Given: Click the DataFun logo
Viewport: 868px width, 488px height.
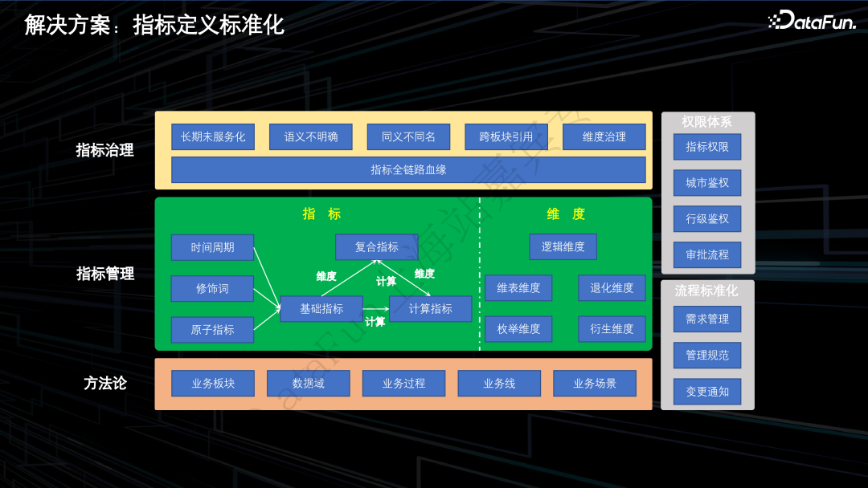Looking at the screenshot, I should coord(813,21).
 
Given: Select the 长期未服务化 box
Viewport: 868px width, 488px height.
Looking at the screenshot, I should coord(213,136).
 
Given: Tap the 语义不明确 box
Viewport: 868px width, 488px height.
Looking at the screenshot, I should coord(311,136).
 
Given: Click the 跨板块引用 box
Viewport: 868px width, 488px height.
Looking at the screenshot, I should coord(506,136).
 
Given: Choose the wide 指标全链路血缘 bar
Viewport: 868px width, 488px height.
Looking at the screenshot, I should coord(408,169).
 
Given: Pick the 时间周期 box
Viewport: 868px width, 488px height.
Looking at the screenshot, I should coord(212,247).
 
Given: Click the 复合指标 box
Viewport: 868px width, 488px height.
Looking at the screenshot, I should coord(376,247).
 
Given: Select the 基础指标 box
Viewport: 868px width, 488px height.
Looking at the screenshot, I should coord(321,308).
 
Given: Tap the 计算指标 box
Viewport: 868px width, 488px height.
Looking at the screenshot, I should coord(430,308).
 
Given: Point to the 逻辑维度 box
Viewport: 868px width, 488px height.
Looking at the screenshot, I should coord(563,246).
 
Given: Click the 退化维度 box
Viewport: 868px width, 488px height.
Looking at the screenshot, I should coord(612,287).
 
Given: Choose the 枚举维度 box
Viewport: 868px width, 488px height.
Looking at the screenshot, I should coord(518,328).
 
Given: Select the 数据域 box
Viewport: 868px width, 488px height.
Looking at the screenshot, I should coord(309,383).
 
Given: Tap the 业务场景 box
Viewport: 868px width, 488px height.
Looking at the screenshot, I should coord(595,383).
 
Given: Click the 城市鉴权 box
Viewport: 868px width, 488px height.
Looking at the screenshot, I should coord(707,182).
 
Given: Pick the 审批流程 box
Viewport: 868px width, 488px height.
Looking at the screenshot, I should coord(707,254).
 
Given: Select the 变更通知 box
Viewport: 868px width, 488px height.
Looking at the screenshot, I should coord(707,391).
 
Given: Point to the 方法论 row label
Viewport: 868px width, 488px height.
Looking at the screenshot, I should coord(105,383).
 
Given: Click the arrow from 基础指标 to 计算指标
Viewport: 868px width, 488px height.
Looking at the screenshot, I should coord(376,308).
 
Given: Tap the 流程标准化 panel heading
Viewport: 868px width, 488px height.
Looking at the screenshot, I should coord(706,291).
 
